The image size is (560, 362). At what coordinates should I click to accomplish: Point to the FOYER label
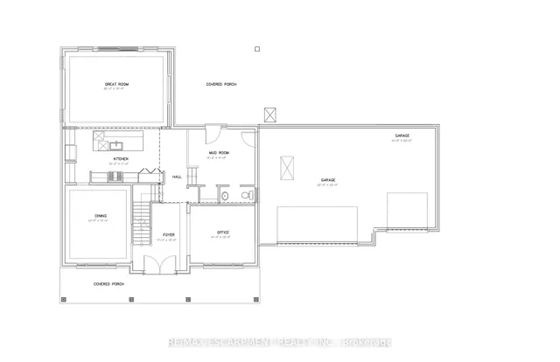tap(169, 233)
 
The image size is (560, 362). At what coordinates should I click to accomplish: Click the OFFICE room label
tap(221, 233)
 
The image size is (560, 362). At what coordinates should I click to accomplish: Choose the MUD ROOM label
tap(217, 155)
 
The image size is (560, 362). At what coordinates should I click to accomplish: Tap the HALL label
tap(177, 177)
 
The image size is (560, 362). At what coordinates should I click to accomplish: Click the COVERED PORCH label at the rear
tap(220, 85)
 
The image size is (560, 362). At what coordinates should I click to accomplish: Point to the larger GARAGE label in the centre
tap(326, 180)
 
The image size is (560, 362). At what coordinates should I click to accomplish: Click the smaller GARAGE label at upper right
tap(402, 136)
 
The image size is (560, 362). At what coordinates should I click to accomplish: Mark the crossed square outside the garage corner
tap(269, 115)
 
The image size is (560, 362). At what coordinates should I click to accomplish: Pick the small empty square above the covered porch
tap(256, 49)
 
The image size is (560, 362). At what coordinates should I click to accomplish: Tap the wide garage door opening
tap(318, 226)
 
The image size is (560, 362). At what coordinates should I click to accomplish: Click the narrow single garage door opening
tap(407, 210)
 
